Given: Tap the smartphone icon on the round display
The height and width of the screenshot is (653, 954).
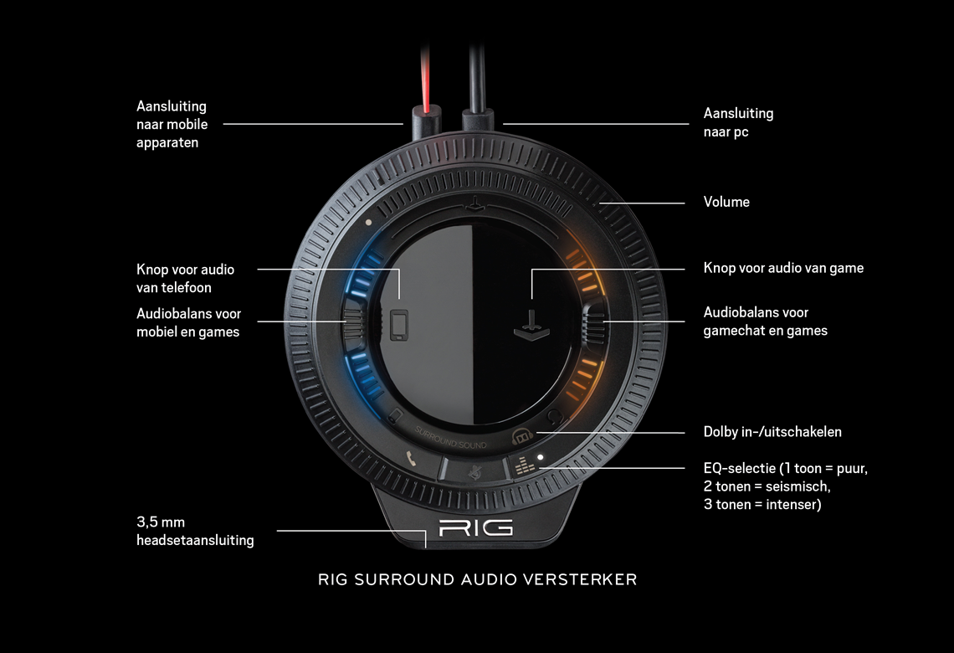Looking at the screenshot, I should tap(400, 325).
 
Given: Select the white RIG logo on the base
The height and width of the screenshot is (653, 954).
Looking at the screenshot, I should tap(476, 528).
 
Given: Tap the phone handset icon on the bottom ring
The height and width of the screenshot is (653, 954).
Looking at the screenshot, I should tap(411, 458).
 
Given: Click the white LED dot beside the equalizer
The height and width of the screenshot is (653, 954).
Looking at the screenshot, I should tap(541, 458).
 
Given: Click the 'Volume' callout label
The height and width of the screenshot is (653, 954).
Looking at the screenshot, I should tap(726, 202).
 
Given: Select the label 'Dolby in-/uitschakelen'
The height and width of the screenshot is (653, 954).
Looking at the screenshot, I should tap(772, 432).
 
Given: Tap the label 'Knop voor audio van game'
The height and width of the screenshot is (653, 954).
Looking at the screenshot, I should tap(783, 268).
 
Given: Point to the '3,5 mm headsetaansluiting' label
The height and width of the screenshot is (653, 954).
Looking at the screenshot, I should tap(195, 531).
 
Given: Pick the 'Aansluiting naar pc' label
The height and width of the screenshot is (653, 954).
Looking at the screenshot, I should tap(738, 122).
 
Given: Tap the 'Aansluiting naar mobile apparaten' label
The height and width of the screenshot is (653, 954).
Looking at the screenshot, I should tap(172, 124).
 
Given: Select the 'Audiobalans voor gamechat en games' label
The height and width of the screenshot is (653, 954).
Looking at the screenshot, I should tap(765, 321).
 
